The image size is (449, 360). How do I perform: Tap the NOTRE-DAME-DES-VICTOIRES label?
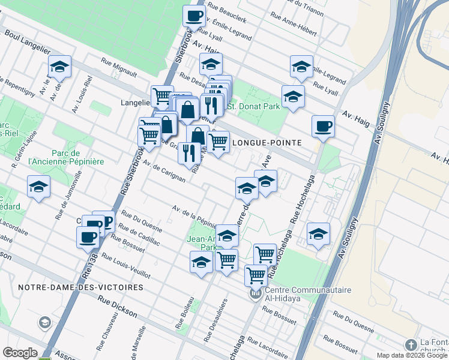click(80, 287)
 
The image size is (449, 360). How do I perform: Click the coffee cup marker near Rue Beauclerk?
click(194, 16)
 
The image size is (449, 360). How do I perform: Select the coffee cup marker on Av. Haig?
click(323, 126)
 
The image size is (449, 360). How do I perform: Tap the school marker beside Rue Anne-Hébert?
click(301, 67)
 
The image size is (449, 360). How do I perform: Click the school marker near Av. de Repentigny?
click(59, 67)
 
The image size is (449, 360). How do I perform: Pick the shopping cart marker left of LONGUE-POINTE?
click(217, 142)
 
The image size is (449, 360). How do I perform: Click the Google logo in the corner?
click(20, 352)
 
